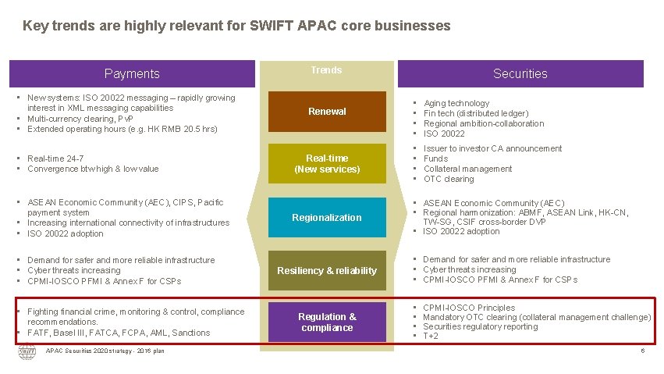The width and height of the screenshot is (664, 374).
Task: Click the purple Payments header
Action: pos(132,73)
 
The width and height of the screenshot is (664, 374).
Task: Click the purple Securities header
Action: pos(520,73)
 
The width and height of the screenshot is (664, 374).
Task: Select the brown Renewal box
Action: pos(327,112)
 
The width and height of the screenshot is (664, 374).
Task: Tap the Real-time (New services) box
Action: pos(327,163)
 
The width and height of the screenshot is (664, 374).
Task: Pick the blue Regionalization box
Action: pos(327,218)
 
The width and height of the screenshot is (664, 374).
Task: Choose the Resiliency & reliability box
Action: pos(327,270)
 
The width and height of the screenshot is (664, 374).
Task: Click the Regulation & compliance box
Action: pos(327,322)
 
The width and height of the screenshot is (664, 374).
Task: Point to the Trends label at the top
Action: pos(326,70)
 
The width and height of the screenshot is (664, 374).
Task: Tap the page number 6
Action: pos(642,351)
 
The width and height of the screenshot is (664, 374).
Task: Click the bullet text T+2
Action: pos(431,337)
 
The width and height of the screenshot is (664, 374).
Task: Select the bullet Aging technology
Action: pos(456,103)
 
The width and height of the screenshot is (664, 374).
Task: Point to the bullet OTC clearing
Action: pos(449,179)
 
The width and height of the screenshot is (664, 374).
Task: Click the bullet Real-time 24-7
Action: pos(55,159)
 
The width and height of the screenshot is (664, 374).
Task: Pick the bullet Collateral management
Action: pos(467,169)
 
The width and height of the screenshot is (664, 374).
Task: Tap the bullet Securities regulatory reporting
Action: pos(480,326)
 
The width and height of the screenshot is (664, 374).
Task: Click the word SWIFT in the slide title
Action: pos(270,26)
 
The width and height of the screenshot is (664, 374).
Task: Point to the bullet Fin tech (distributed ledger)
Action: pos(476,113)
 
